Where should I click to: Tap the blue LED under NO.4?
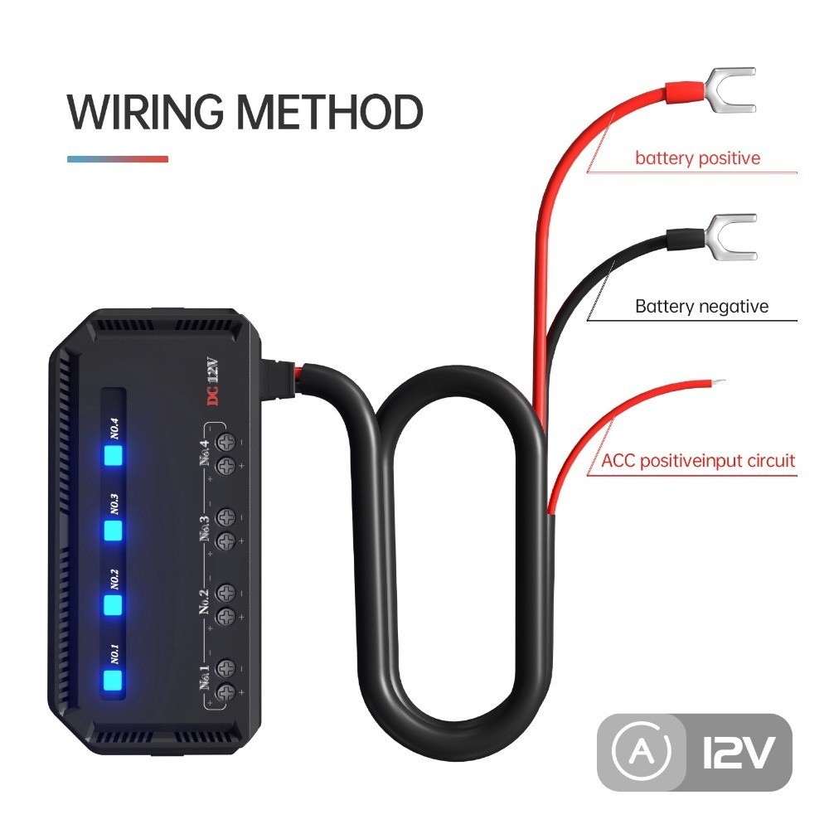112,456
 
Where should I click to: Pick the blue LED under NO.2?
112,605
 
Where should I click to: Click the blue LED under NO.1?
112,681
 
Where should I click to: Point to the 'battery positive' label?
697,158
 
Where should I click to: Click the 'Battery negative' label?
701,307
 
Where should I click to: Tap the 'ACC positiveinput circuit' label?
698,461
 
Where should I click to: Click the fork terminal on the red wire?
730,90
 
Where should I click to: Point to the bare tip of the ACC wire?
719,382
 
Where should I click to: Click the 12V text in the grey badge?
738,754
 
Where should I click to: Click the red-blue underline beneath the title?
117,159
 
